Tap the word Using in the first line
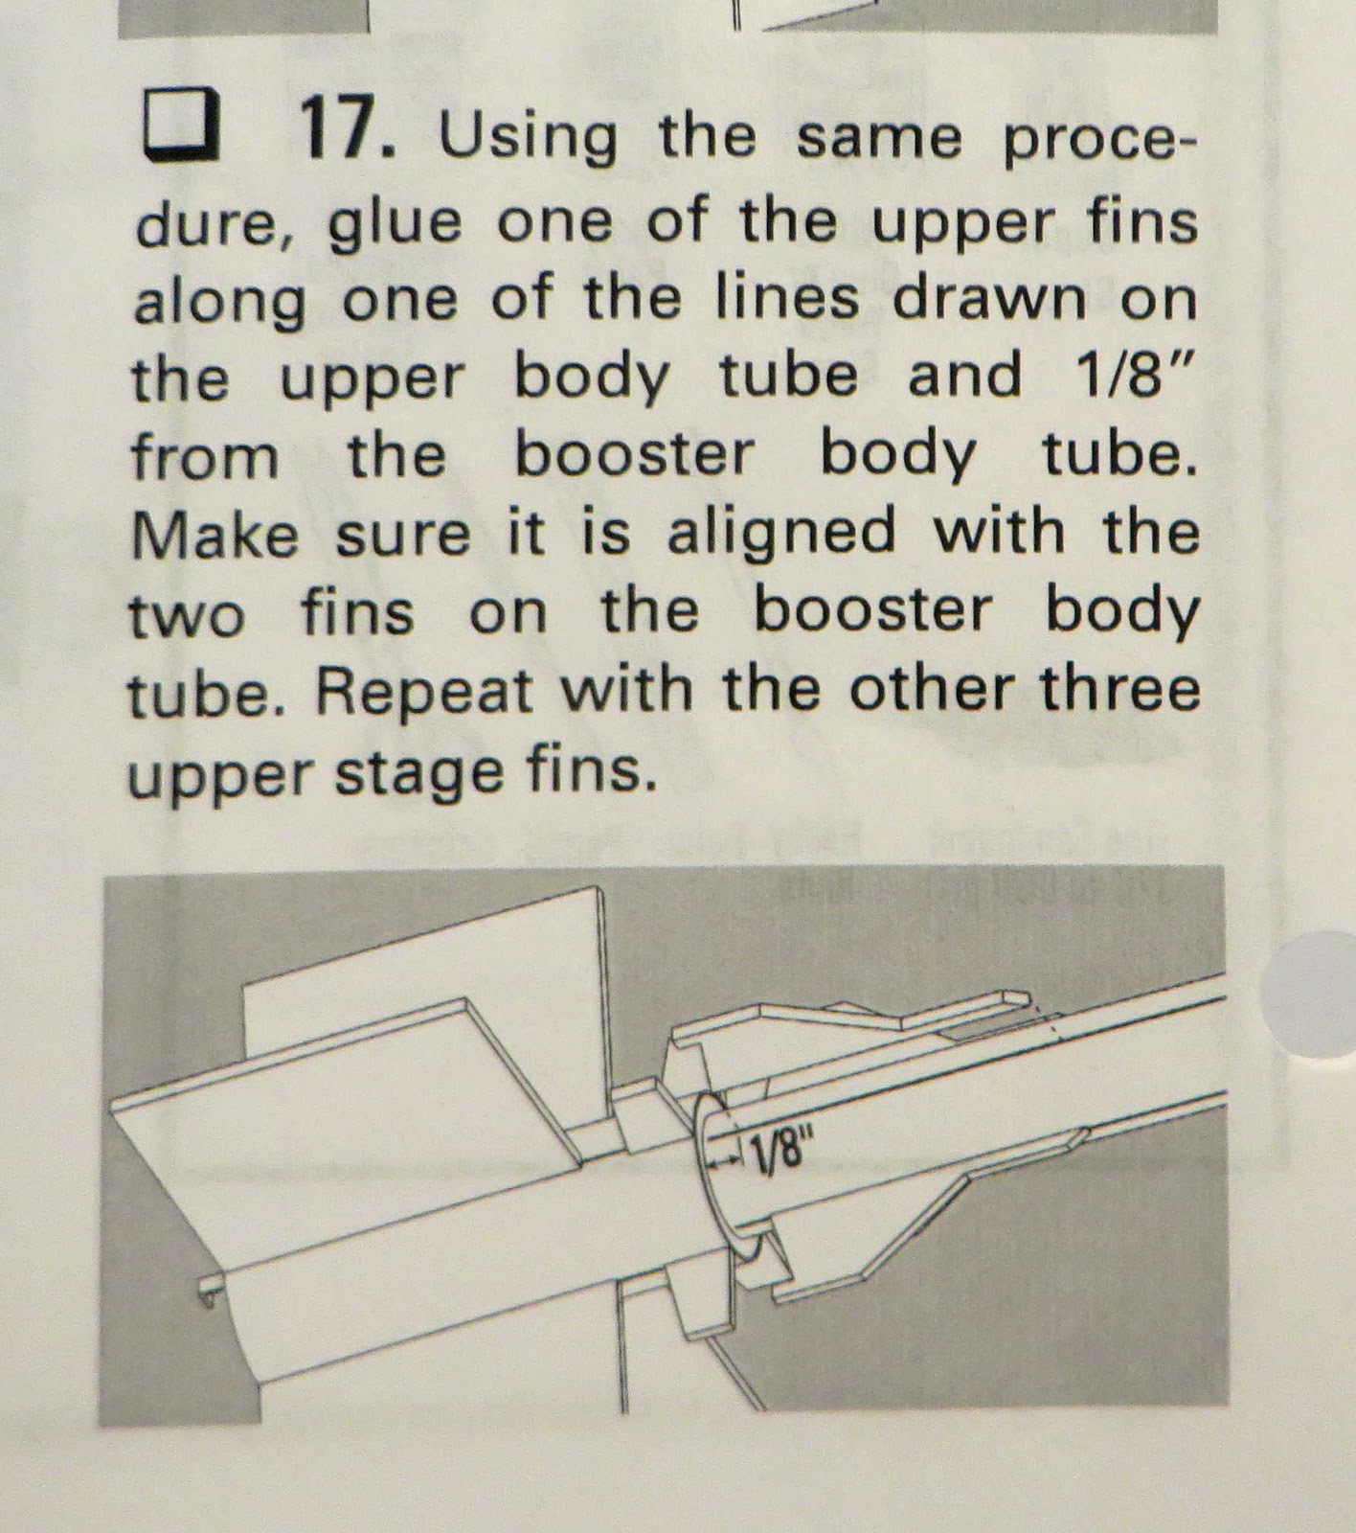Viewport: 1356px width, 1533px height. click(x=527, y=137)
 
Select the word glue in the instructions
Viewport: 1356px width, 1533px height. click(x=394, y=222)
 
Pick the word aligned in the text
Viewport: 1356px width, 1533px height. click(x=780, y=534)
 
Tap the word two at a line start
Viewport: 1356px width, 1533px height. click(x=187, y=615)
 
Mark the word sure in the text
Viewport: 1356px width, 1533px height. click(x=402, y=534)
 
